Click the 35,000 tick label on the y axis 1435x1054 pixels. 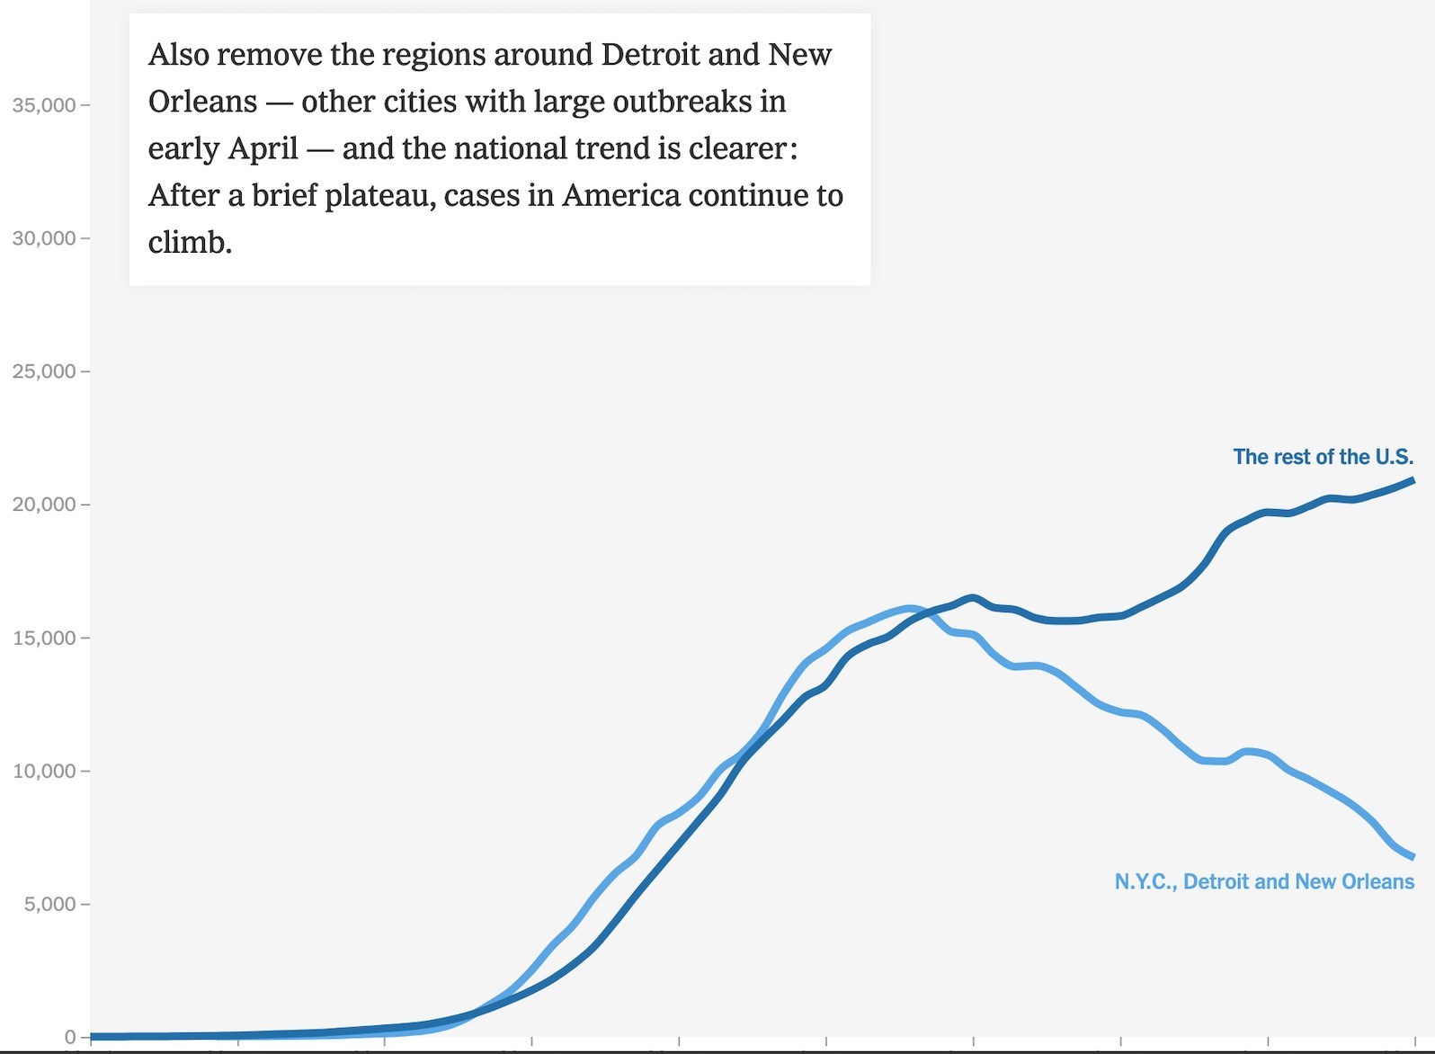tap(43, 105)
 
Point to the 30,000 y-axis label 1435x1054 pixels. tap(43, 238)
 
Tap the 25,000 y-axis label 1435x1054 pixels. tap(43, 371)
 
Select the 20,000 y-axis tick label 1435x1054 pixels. tap(43, 505)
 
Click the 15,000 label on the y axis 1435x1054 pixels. tap(43, 638)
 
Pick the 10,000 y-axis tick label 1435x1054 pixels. tap(43, 771)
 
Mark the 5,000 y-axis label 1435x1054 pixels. tap(49, 904)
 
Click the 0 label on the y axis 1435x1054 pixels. tap(70, 1037)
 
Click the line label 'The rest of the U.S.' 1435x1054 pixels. tap(1323, 457)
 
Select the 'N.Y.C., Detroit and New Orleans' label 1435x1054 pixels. tap(1264, 881)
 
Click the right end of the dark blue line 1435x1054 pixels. tap(1413, 480)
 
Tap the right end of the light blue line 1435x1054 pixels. tap(1413, 856)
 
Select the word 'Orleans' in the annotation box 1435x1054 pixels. tap(202, 102)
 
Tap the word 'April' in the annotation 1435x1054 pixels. tap(263, 148)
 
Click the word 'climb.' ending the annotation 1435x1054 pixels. tap(190, 242)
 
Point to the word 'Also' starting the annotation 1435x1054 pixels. tap(178, 55)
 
